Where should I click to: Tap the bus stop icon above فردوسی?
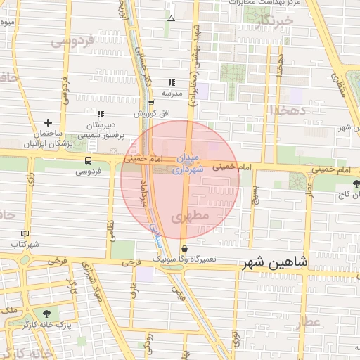(87, 160)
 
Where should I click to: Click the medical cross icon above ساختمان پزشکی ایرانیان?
(48, 122)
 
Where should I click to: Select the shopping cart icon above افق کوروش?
(151, 103)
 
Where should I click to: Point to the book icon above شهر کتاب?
(25, 233)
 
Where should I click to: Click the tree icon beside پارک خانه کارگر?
(47, 314)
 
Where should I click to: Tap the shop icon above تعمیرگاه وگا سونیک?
(184, 248)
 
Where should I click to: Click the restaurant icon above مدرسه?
(172, 82)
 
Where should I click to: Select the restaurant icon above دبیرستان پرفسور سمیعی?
(101, 113)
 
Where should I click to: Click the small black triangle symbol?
(172, 18)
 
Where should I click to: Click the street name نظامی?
(110, 227)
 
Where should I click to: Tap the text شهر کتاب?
(25, 244)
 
